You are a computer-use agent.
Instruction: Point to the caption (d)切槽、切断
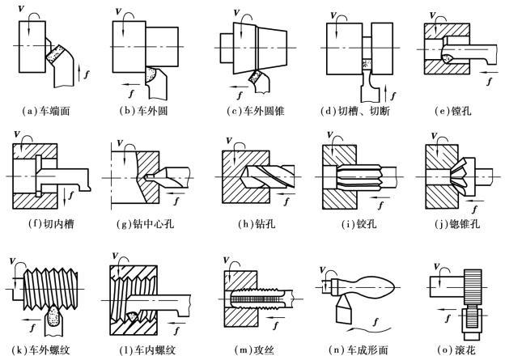pyautogui.click(x=354, y=107)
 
